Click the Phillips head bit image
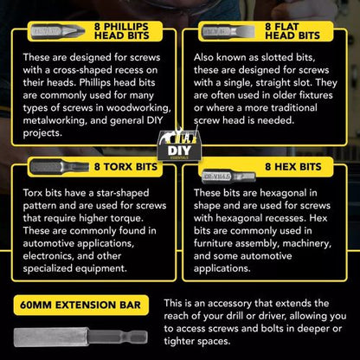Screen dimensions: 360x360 58,31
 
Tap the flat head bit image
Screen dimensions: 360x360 228,31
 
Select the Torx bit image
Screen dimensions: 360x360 60,166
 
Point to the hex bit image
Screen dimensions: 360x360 228,176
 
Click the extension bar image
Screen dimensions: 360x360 80,337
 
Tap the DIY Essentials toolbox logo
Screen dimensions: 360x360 179,145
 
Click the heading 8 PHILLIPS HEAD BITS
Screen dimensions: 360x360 121,31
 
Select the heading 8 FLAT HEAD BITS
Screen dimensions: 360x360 292,31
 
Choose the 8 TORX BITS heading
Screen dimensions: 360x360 125,167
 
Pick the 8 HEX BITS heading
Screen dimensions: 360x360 293,167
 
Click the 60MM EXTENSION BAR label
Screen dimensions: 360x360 80,305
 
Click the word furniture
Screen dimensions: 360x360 213,244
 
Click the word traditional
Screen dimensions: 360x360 294,108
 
